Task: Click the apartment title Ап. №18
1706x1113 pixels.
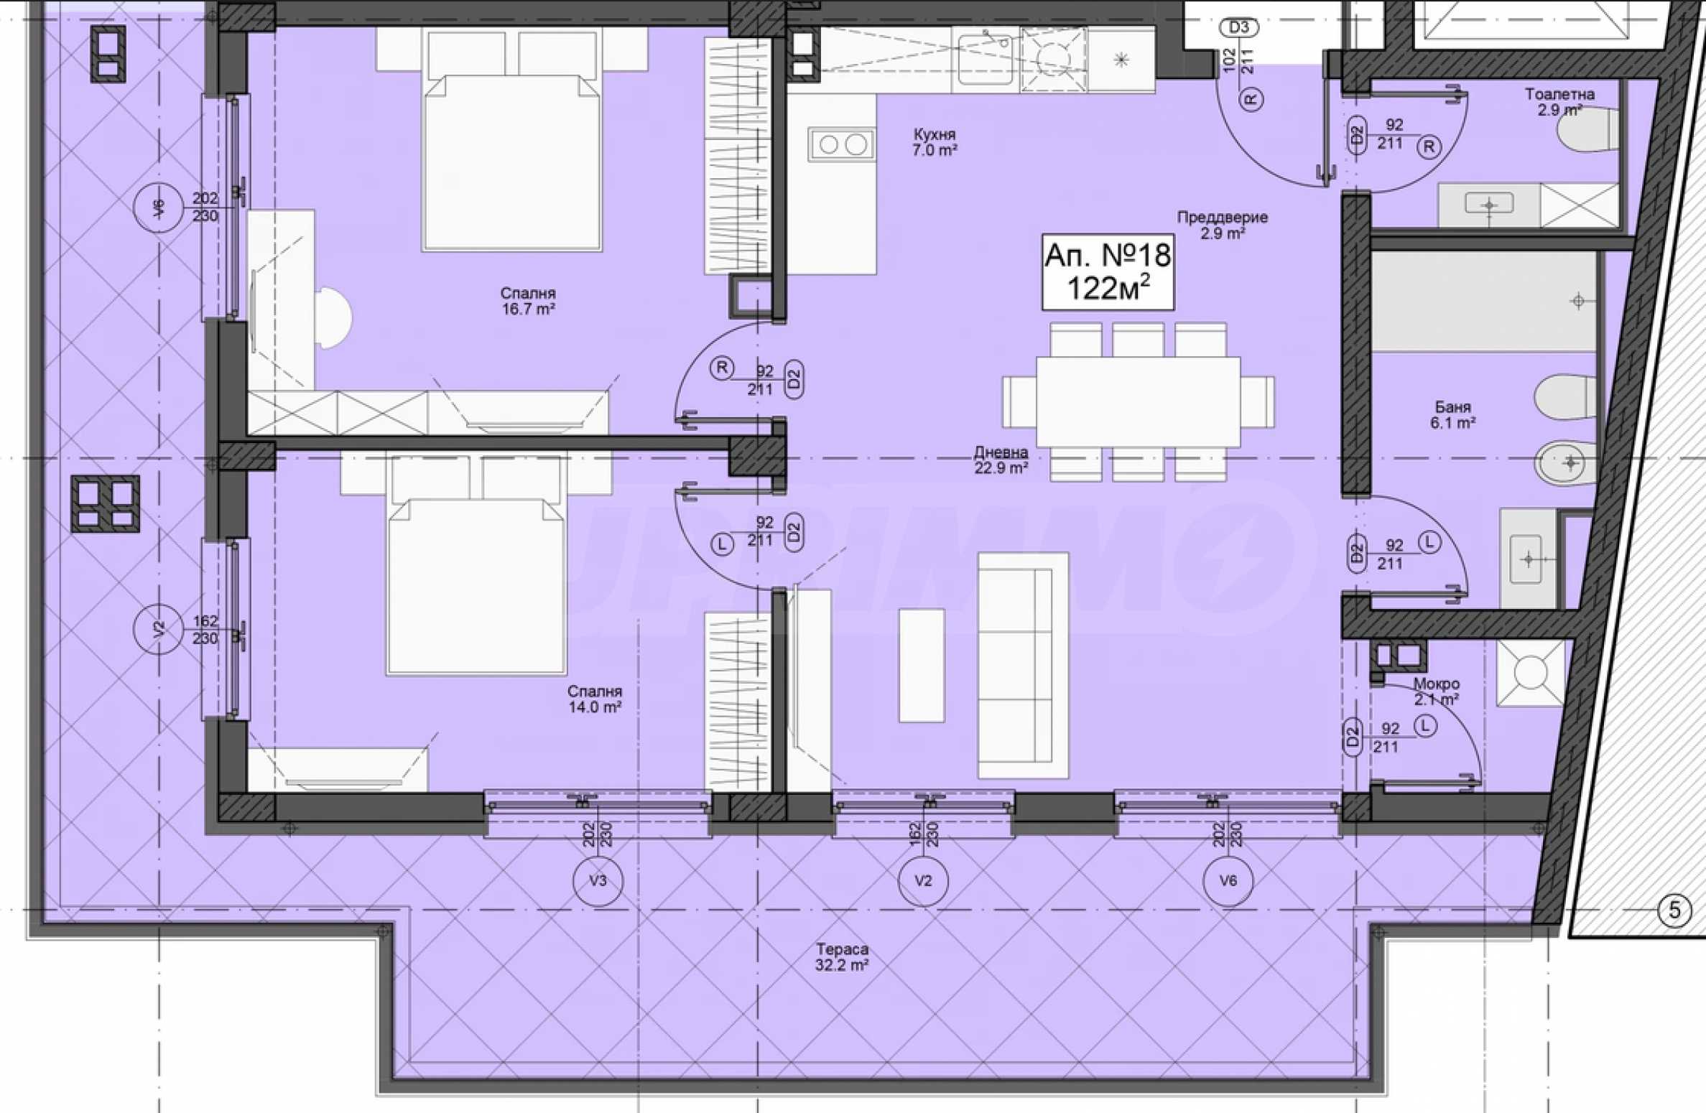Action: pyautogui.click(x=1108, y=255)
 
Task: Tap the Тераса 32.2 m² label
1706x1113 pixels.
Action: pyautogui.click(x=842, y=957)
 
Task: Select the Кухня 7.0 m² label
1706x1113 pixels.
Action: pyautogui.click(x=935, y=142)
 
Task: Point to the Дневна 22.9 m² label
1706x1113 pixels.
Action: pyautogui.click(x=1001, y=460)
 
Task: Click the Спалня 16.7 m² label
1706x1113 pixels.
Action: pyautogui.click(x=528, y=301)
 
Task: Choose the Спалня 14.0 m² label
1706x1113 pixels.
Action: pyautogui.click(x=594, y=699)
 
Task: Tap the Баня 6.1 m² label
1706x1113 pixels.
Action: pyautogui.click(x=1452, y=415)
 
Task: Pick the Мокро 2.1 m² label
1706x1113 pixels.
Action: pyautogui.click(x=1436, y=691)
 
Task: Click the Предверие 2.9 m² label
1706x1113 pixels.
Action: pyautogui.click(x=1222, y=225)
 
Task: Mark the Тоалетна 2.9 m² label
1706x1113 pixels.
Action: pyautogui.click(x=1559, y=102)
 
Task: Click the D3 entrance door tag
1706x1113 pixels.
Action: pyautogui.click(x=1239, y=28)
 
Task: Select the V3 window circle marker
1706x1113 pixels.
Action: pyautogui.click(x=598, y=880)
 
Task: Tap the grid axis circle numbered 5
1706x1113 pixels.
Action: pyautogui.click(x=1674, y=911)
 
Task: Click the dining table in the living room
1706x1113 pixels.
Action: pyautogui.click(x=1138, y=402)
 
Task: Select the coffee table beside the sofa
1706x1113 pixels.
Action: pyautogui.click(x=922, y=665)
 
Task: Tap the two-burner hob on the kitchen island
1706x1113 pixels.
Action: pyautogui.click(x=842, y=144)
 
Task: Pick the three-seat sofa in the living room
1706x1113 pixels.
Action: pyautogui.click(x=1023, y=665)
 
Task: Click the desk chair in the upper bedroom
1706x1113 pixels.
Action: pyautogui.click(x=333, y=318)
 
